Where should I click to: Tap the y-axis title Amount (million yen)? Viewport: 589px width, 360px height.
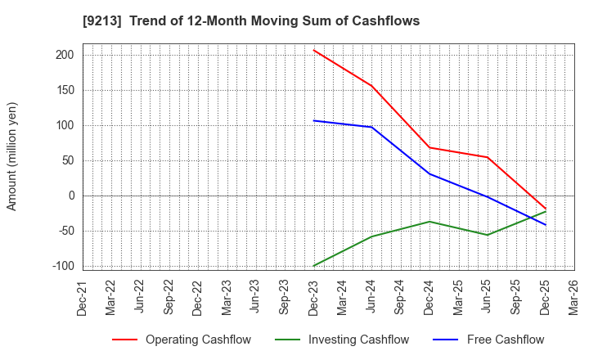tap(11, 156)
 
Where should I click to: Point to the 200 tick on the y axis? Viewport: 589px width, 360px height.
tap(65, 55)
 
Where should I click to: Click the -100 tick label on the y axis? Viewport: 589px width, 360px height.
tap(61, 266)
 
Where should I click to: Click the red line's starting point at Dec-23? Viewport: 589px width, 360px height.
tap(313, 50)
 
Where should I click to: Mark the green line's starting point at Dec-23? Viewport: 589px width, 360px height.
tap(313, 266)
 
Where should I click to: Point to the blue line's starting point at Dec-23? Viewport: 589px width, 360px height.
tap(313, 120)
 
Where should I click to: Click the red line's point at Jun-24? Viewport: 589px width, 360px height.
tap(371, 86)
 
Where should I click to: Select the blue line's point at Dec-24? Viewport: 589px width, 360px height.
tap(429, 173)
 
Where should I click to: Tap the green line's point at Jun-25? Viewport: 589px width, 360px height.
tap(488, 235)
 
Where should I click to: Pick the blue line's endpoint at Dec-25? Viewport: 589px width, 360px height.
tap(545, 225)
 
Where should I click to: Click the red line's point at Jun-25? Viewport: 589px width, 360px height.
tap(488, 157)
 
